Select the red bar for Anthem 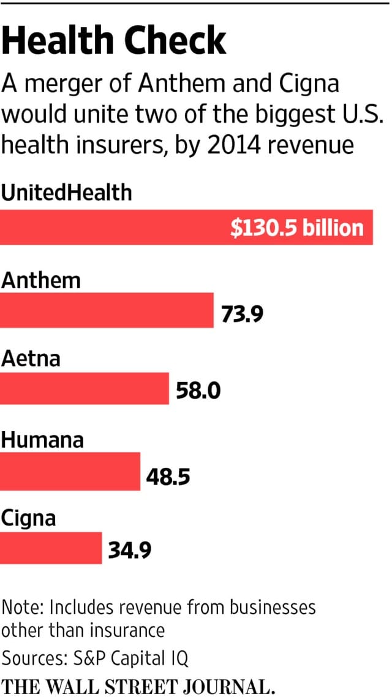(107, 310)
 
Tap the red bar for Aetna (85, 388)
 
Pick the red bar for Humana (70, 472)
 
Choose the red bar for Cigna (51, 548)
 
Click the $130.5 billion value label (297, 228)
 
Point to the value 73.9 (242, 314)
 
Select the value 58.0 (198, 391)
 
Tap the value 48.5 (168, 475)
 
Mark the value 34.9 (130, 551)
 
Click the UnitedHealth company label (66, 193)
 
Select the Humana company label (42, 440)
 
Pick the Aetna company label (31, 357)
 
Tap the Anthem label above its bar (41, 280)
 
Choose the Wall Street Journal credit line (137, 686)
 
